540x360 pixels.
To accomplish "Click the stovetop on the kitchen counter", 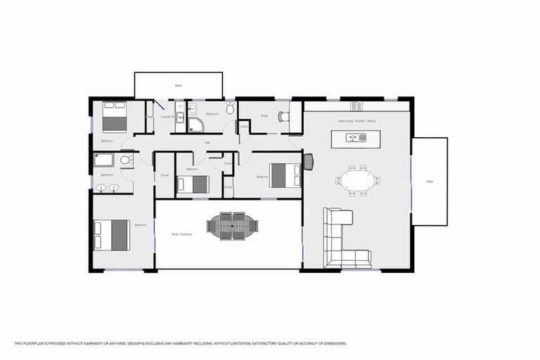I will pos(356,106).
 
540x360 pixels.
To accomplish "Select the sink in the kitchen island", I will pos(362,137).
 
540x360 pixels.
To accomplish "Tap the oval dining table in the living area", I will pos(357,180).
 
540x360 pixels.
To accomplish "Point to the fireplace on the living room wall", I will pos(309,162).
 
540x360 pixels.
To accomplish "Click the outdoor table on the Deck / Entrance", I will pos(233,226).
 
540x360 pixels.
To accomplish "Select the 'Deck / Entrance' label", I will pos(181,234).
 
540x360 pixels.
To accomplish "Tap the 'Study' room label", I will pos(264,115).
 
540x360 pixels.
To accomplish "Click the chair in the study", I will pos(283,117).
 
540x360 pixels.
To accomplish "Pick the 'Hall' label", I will pos(207,143).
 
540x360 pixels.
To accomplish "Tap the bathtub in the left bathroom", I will pos(105,160).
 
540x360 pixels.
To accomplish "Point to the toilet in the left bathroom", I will pos(125,161).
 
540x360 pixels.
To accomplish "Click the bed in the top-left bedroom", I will pos(113,117).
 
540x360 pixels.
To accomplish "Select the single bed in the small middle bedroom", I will pos(194,184).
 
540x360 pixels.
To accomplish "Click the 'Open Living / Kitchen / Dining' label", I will pos(356,122).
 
